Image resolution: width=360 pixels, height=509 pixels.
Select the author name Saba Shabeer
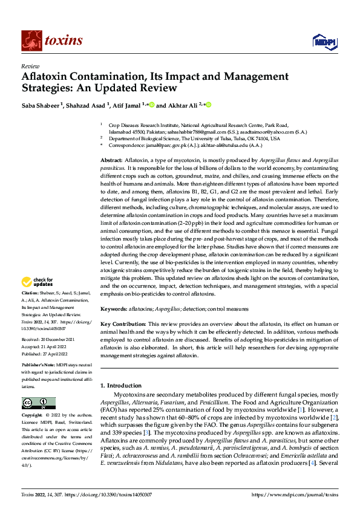click(43, 105)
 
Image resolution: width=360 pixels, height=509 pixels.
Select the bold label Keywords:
click(116, 308)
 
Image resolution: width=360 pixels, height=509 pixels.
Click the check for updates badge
click(38, 282)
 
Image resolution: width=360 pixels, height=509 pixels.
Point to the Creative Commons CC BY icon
click(38, 403)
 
